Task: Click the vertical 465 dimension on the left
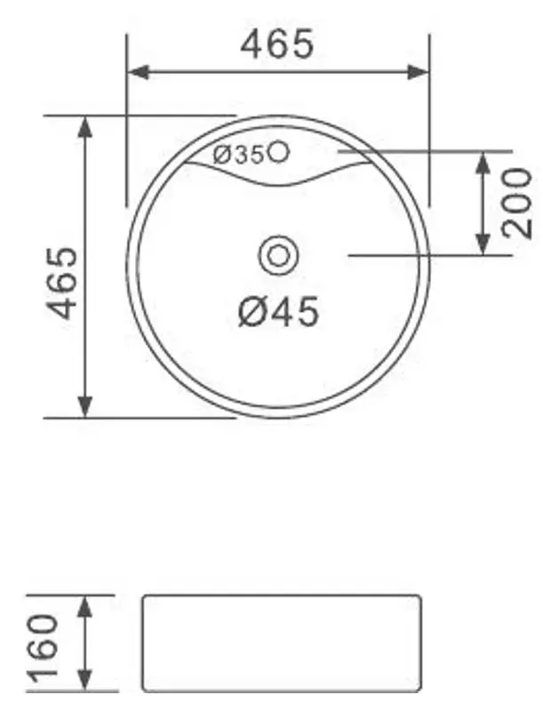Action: click(62, 282)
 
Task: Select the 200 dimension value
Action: click(517, 203)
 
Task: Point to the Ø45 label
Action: click(278, 311)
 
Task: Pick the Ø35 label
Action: click(237, 155)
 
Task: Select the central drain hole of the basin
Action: click(278, 256)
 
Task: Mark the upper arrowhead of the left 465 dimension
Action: click(85, 125)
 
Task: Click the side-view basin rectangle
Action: click(280, 643)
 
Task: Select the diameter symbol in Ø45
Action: click(252, 311)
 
